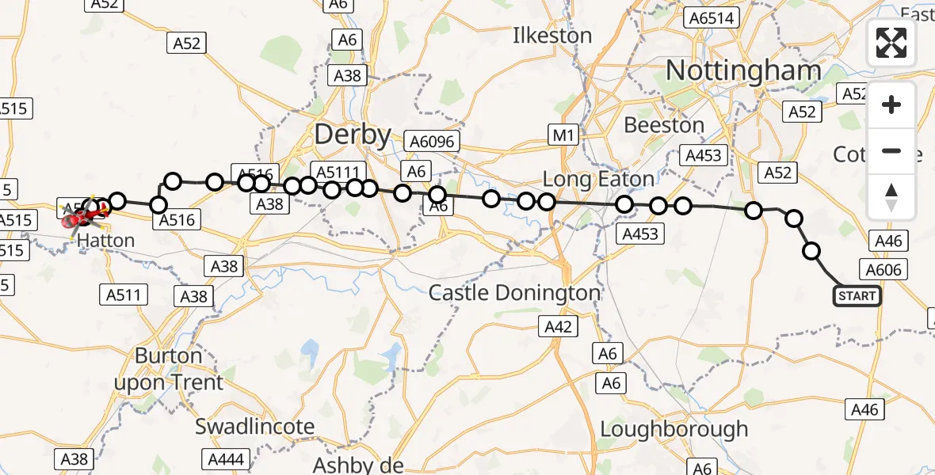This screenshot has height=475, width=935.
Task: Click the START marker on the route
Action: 857,296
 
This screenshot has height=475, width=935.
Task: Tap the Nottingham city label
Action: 743,71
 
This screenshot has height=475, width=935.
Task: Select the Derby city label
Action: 353,135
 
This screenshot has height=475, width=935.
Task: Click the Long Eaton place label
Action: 598,179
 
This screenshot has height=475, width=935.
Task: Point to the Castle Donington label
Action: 514,293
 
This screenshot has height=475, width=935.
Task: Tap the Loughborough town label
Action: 674,429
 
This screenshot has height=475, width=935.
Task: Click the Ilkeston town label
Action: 552,36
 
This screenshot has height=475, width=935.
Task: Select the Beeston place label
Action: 664,125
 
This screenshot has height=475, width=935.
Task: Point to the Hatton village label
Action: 107,240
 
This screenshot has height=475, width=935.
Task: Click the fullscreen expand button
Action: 891,42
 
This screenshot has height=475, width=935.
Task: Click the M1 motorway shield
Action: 563,135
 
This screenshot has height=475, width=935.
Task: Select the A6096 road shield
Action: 432,141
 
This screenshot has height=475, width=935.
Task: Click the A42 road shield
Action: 560,326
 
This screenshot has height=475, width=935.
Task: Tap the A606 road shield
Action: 883,270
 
